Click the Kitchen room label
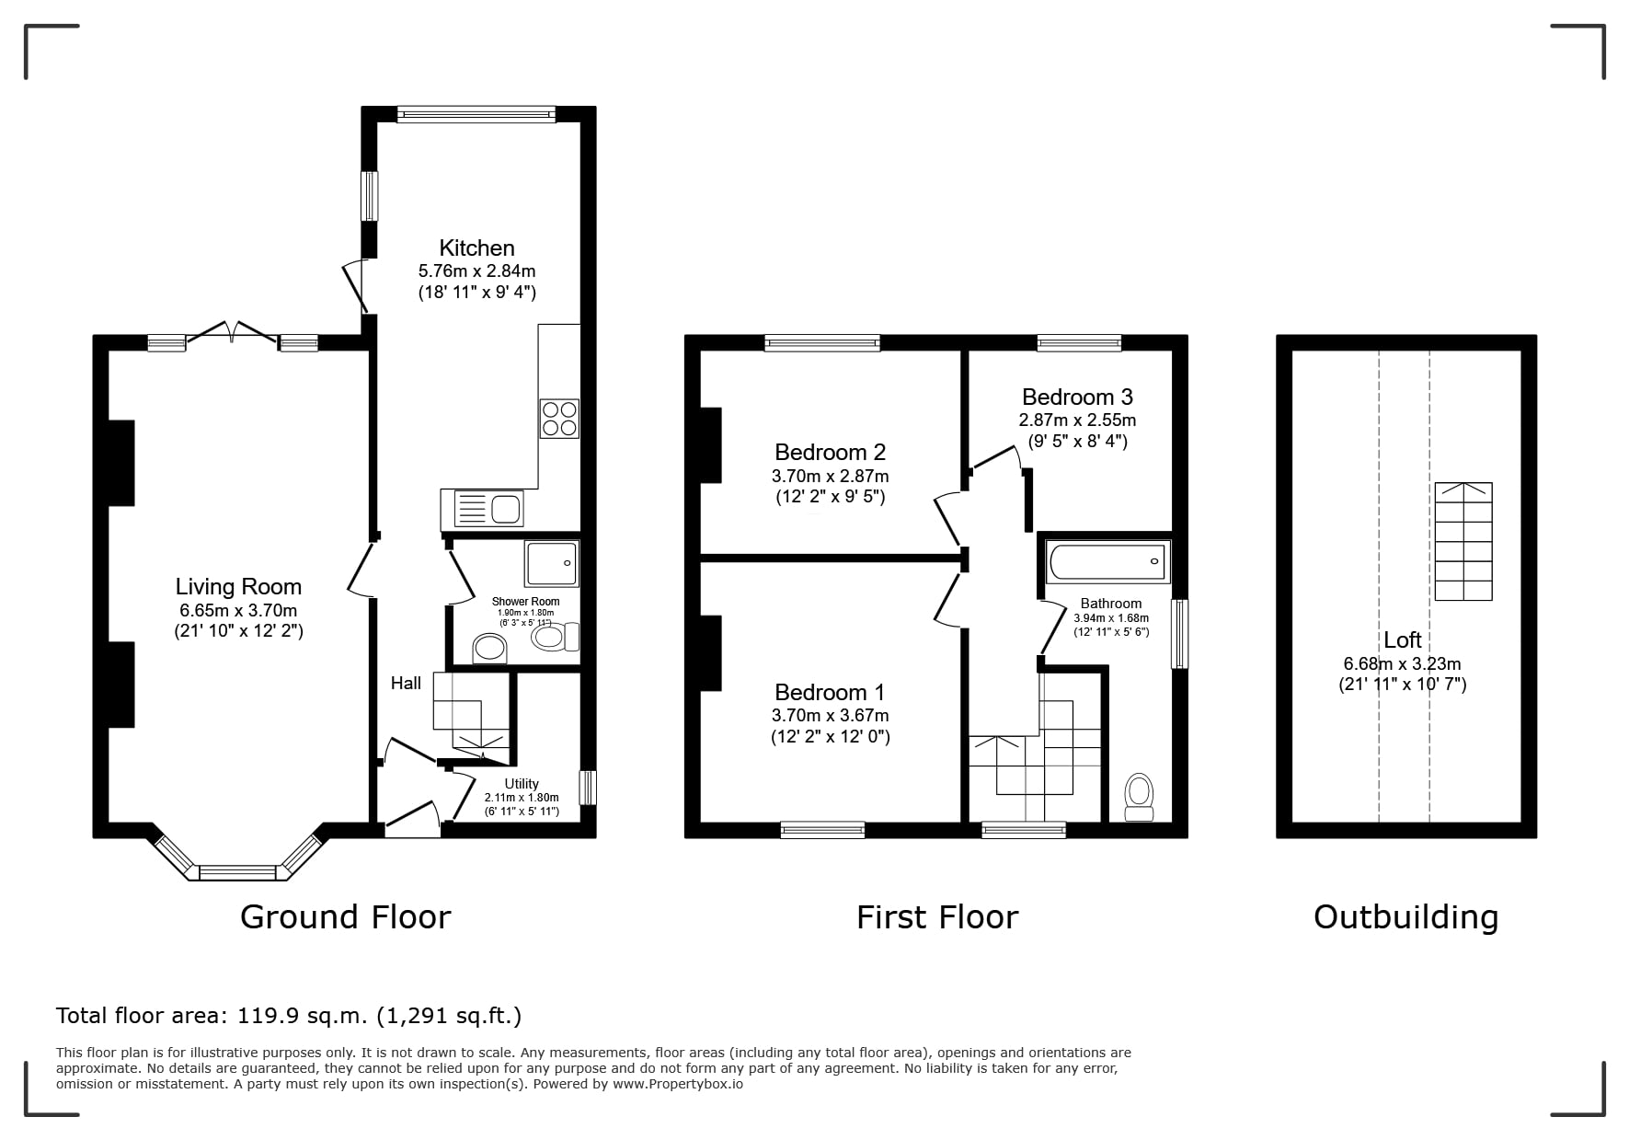[476, 248]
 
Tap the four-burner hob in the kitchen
[559, 419]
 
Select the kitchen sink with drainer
[482, 508]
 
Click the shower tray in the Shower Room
[552, 564]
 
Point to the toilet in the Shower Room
[556, 637]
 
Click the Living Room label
[238, 586]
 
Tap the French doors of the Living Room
[233, 333]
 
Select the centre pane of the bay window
[237, 872]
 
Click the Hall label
[406, 683]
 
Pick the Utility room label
[522, 784]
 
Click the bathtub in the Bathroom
[1108, 561]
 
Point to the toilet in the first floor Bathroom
[1140, 797]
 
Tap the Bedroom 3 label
[1077, 397]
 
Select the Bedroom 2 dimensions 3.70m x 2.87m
[830, 477]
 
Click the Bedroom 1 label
[830, 692]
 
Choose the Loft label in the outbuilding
[1402, 639]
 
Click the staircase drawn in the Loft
[1463, 541]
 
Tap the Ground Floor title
[346, 917]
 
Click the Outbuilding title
[1405, 917]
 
